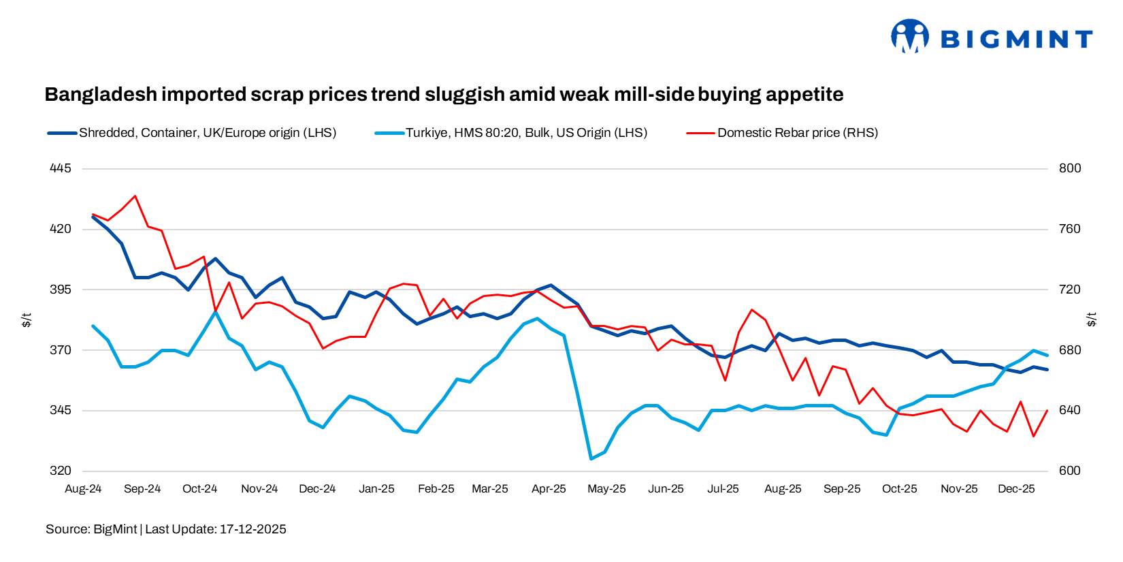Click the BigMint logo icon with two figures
[x=910, y=36]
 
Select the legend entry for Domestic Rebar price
[x=797, y=133]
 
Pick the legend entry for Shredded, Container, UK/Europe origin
[x=207, y=133]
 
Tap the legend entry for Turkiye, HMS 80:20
[x=525, y=133]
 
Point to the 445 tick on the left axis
[x=61, y=168]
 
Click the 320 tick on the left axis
[x=61, y=471]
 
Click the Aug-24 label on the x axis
[x=83, y=489]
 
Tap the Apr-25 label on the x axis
[x=549, y=489]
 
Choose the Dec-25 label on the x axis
[x=1016, y=489]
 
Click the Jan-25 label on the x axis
[x=376, y=489]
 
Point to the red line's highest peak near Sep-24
[x=135, y=196]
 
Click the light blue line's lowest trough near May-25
[x=591, y=458]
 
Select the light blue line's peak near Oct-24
[x=215, y=311]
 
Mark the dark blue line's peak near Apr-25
[x=551, y=285]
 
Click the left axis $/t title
[x=27, y=319]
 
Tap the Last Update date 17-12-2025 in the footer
[x=253, y=529]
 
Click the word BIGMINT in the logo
[x=1016, y=40]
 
